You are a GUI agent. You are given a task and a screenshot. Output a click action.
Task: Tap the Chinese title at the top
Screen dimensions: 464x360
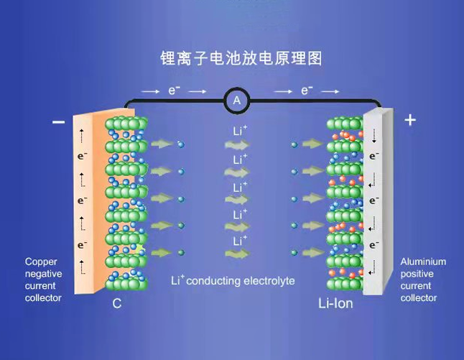point(241,58)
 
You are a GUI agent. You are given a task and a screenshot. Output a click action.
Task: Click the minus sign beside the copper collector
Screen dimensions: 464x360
point(59,122)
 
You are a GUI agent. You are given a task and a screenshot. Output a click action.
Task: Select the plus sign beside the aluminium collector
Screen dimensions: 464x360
point(410,120)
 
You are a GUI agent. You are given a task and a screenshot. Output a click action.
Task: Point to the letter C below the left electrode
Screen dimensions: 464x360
point(117,303)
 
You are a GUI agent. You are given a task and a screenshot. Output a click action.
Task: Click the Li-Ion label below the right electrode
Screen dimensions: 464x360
point(335,303)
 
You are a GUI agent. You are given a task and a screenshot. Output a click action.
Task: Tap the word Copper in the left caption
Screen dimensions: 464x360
point(41,262)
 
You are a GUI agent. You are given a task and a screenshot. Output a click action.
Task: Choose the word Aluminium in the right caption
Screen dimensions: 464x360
point(423,262)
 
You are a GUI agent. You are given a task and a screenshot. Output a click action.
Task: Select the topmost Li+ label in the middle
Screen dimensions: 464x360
point(240,131)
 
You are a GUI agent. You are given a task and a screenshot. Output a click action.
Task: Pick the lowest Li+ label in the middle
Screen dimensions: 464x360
point(240,241)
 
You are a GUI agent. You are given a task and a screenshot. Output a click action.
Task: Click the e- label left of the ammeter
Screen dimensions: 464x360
point(174,91)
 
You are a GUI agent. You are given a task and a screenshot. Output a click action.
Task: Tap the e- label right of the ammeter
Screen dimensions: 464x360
point(307,91)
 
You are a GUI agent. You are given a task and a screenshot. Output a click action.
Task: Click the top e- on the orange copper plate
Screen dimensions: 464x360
point(83,156)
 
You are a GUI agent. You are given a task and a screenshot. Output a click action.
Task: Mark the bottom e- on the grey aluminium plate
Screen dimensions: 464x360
point(374,245)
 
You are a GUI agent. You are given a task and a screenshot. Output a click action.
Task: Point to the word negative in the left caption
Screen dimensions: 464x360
point(44,274)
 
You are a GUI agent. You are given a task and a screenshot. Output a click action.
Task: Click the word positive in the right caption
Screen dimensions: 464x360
point(417,274)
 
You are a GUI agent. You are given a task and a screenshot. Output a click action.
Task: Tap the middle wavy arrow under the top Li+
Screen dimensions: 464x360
point(237,145)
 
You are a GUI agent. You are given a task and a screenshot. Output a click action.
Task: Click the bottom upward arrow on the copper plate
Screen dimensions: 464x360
point(82,267)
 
